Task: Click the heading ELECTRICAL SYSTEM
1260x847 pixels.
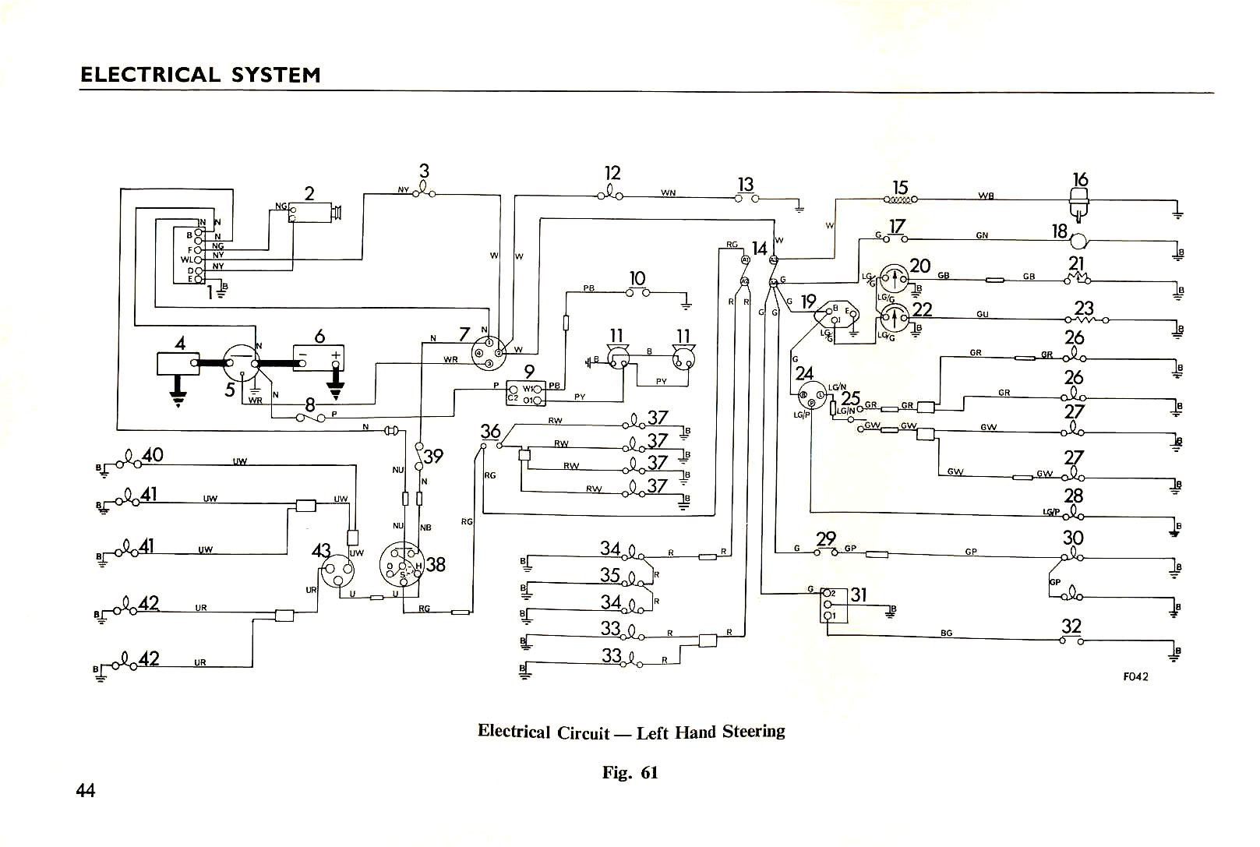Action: coord(200,75)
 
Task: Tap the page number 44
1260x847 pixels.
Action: coord(86,790)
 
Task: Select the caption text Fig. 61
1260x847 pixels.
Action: coord(630,772)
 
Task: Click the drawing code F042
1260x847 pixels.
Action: coord(1135,676)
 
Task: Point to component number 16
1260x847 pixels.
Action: coord(1080,179)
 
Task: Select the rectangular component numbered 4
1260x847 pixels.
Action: coord(179,363)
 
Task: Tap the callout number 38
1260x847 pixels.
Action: coord(436,563)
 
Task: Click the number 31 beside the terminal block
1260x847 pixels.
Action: coord(858,595)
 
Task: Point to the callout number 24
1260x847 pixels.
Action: coord(804,373)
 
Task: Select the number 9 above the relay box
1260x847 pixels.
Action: coord(528,372)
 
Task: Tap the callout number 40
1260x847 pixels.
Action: coord(152,453)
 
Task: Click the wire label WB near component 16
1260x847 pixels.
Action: coord(986,196)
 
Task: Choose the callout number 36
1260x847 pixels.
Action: coord(490,431)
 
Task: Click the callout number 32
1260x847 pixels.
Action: coord(1071,626)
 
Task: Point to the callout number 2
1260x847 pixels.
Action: coord(309,193)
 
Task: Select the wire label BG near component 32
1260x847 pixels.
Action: coord(946,633)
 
